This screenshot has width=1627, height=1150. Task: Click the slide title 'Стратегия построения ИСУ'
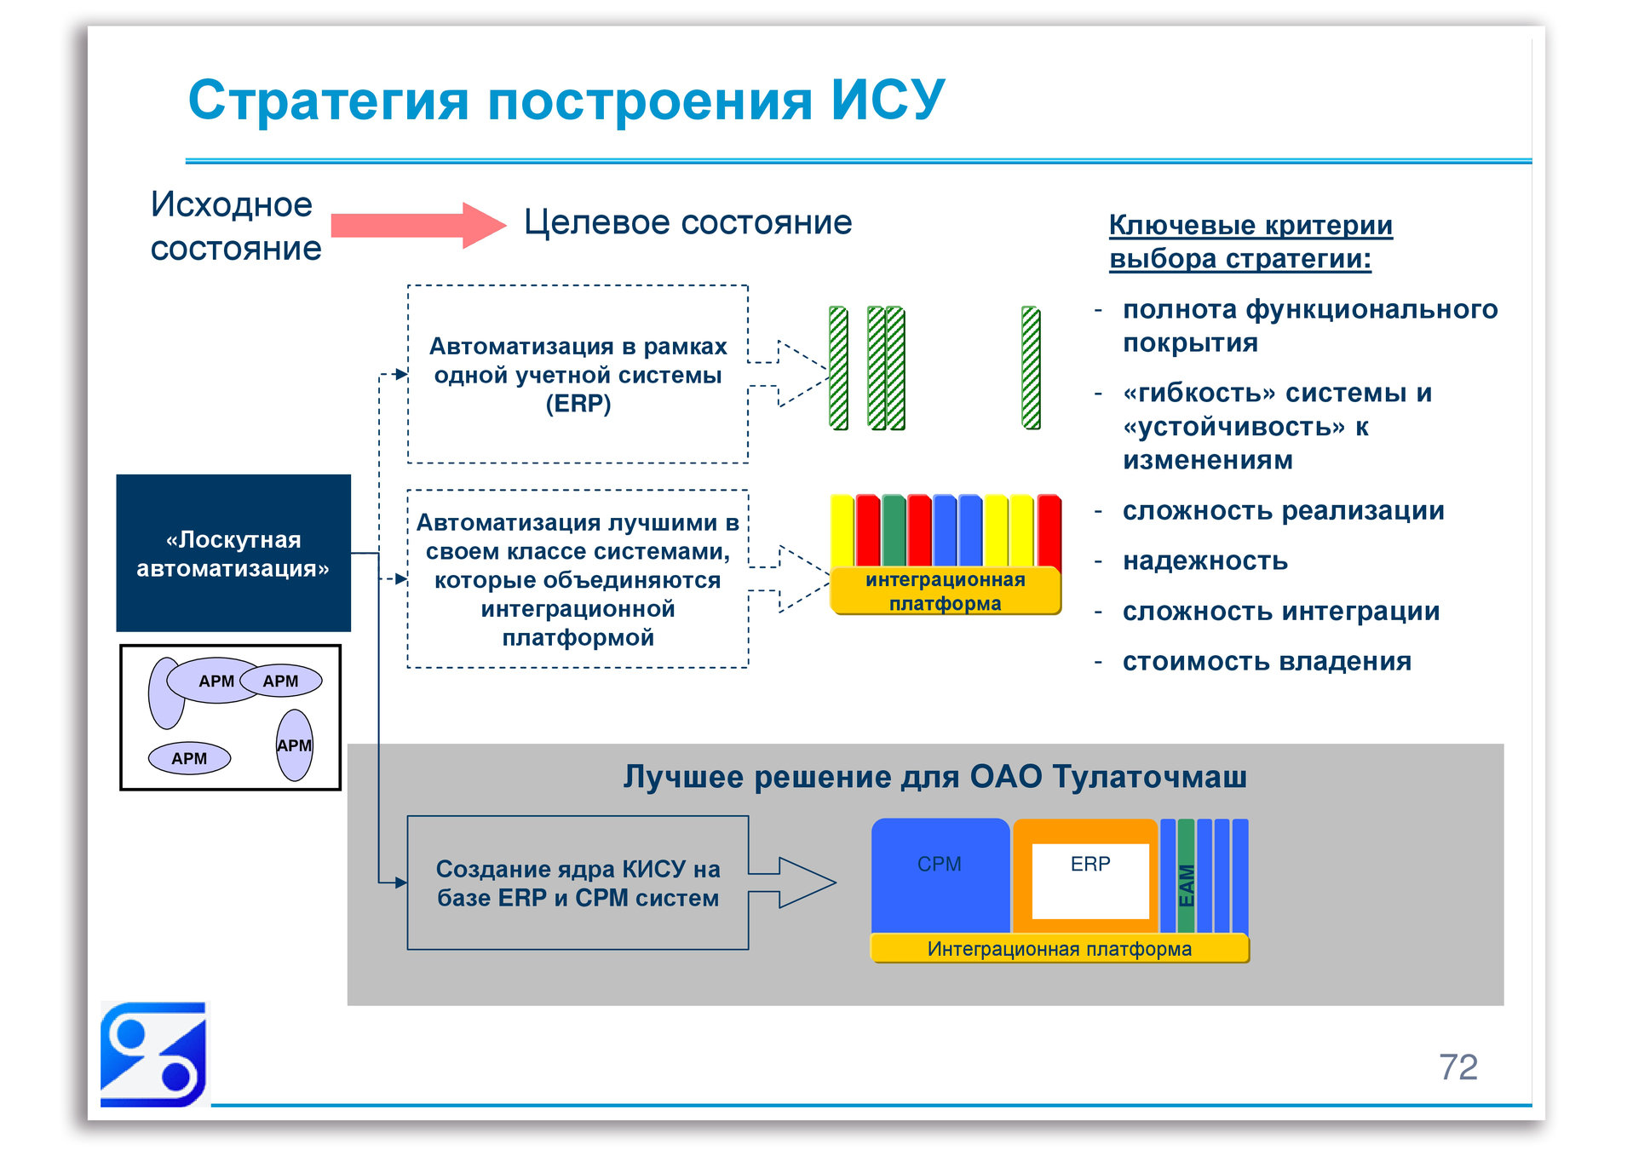tap(566, 101)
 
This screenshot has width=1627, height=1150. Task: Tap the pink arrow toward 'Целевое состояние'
tap(417, 225)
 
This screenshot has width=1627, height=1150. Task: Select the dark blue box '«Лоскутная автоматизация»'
tap(233, 553)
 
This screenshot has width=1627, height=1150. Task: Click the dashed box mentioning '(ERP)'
tap(578, 375)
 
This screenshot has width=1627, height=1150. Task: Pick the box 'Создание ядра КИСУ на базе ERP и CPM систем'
tap(578, 883)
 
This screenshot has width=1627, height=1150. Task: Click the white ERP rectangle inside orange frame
tap(1090, 881)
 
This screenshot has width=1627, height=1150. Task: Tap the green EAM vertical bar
tap(1186, 877)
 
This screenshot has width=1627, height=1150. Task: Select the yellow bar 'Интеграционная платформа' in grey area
tap(1059, 949)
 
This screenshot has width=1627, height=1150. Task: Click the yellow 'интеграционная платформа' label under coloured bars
tap(945, 591)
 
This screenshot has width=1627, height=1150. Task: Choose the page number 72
tap(1457, 1067)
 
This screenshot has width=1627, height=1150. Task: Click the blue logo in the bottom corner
tap(153, 1055)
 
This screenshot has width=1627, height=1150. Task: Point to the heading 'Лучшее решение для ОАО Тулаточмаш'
tap(934, 777)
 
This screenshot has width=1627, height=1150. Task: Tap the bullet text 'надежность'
tap(1204, 561)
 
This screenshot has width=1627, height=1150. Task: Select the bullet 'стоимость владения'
tap(1266, 661)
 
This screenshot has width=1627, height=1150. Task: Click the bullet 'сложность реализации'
tap(1283, 510)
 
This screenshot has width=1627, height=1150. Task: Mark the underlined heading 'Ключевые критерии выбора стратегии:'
tap(1250, 241)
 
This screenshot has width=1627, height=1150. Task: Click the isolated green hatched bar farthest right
tap(1031, 368)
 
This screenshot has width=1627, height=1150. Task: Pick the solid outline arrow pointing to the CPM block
tap(792, 883)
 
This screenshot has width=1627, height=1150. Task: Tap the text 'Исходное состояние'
tap(235, 227)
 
